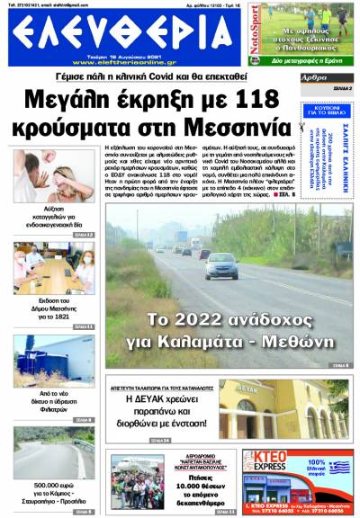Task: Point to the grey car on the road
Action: pyautogui.click(x=220, y=266)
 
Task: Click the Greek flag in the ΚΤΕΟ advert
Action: pyautogui.click(x=338, y=468)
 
